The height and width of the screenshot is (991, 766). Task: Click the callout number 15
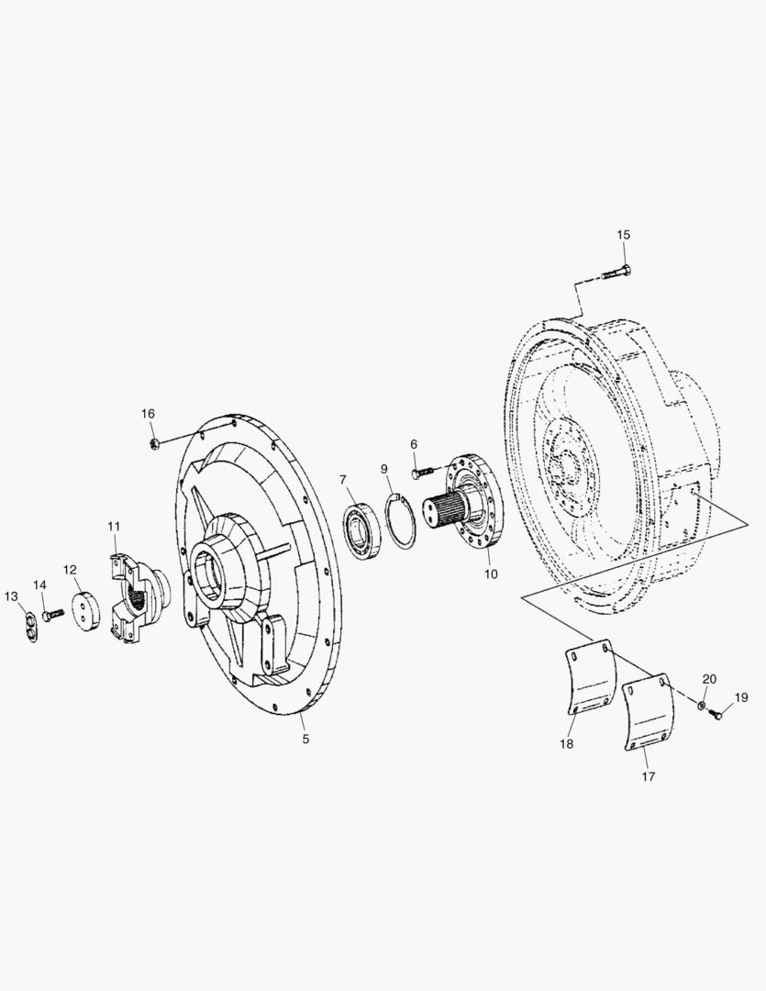623,235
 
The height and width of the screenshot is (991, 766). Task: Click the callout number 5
305,739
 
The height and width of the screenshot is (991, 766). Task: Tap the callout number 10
491,573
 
